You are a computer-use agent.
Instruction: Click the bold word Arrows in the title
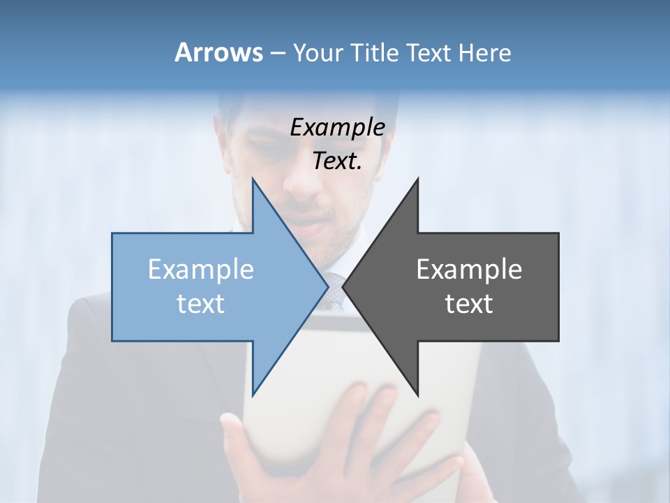pos(218,52)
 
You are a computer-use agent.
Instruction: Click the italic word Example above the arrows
pos(337,127)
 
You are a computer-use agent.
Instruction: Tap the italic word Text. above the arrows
pos(337,161)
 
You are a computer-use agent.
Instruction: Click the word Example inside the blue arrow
pos(201,270)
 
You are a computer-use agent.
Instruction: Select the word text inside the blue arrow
pos(201,304)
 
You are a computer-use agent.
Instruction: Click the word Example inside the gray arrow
pos(469,270)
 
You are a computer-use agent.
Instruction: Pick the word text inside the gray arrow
pos(469,304)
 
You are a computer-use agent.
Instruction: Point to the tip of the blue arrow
pos(327,286)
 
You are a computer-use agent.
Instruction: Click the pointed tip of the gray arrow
pos(343,286)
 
